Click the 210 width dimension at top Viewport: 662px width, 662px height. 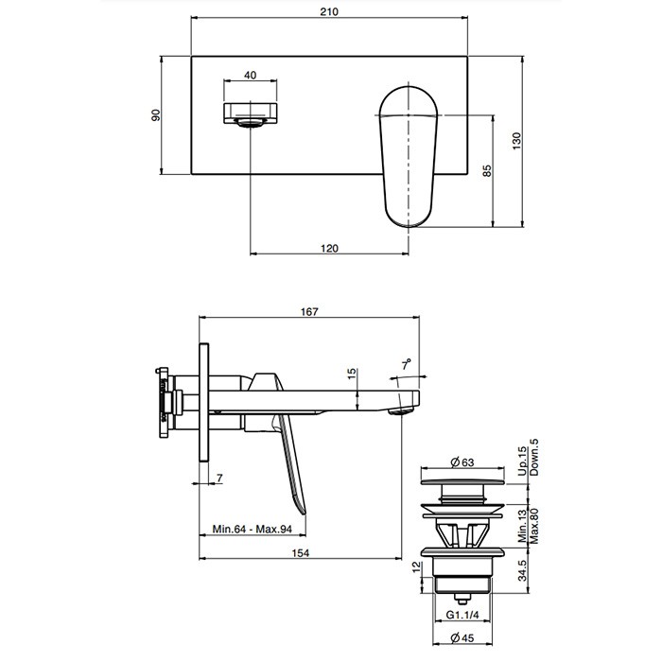pyautogui.click(x=329, y=12)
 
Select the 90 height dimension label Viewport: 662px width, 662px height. pyautogui.click(x=157, y=113)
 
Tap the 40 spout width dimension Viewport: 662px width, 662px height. pyautogui.click(x=250, y=75)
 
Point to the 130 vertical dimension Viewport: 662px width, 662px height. pyautogui.click(x=516, y=139)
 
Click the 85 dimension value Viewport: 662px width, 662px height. pyautogui.click(x=487, y=171)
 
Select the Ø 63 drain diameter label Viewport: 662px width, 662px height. pyautogui.click(x=462, y=462)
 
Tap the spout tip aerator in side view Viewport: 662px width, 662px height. pyautogui.click(x=404, y=409)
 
